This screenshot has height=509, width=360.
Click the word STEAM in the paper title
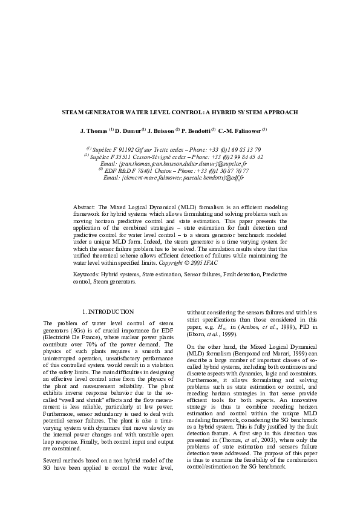[74, 112]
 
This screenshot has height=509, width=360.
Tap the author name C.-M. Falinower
[238, 131]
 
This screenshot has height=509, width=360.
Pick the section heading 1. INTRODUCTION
[108, 311]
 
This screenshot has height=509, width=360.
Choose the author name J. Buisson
[160, 131]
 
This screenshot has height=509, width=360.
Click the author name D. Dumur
[128, 131]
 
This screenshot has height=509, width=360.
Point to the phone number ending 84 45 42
[247, 157]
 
